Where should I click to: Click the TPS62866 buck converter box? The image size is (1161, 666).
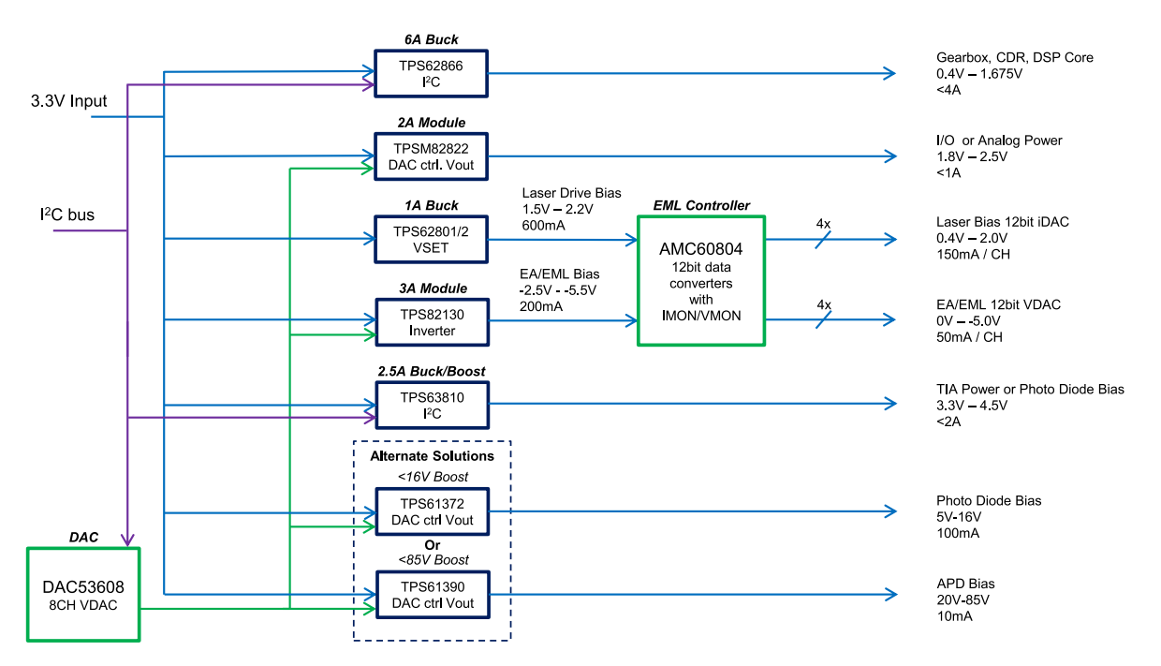click(x=431, y=73)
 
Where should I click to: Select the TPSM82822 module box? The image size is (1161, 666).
click(x=431, y=156)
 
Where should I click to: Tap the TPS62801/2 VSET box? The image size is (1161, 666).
click(x=431, y=240)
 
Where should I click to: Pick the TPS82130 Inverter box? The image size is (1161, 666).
click(x=431, y=322)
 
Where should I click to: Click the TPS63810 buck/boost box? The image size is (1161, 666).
click(x=431, y=405)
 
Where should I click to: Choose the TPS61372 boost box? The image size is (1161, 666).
click(x=431, y=511)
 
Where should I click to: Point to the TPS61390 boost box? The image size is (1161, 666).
click(x=431, y=595)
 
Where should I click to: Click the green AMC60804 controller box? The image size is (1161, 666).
click(x=700, y=281)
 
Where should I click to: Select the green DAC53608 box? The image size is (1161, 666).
click(x=83, y=595)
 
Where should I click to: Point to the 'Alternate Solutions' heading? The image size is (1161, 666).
click(x=432, y=456)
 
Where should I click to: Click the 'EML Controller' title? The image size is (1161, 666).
click(x=701, y=205)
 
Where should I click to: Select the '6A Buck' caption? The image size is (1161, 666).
click(x=431, y=40)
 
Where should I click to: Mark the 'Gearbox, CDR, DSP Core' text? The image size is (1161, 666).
click(x=1014, y=58)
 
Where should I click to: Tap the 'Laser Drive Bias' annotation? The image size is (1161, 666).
click(x=571, y=193)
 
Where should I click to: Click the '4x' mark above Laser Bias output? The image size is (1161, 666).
click(x=824, y=223)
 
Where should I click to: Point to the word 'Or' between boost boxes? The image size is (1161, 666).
click(x=432, y=544)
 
